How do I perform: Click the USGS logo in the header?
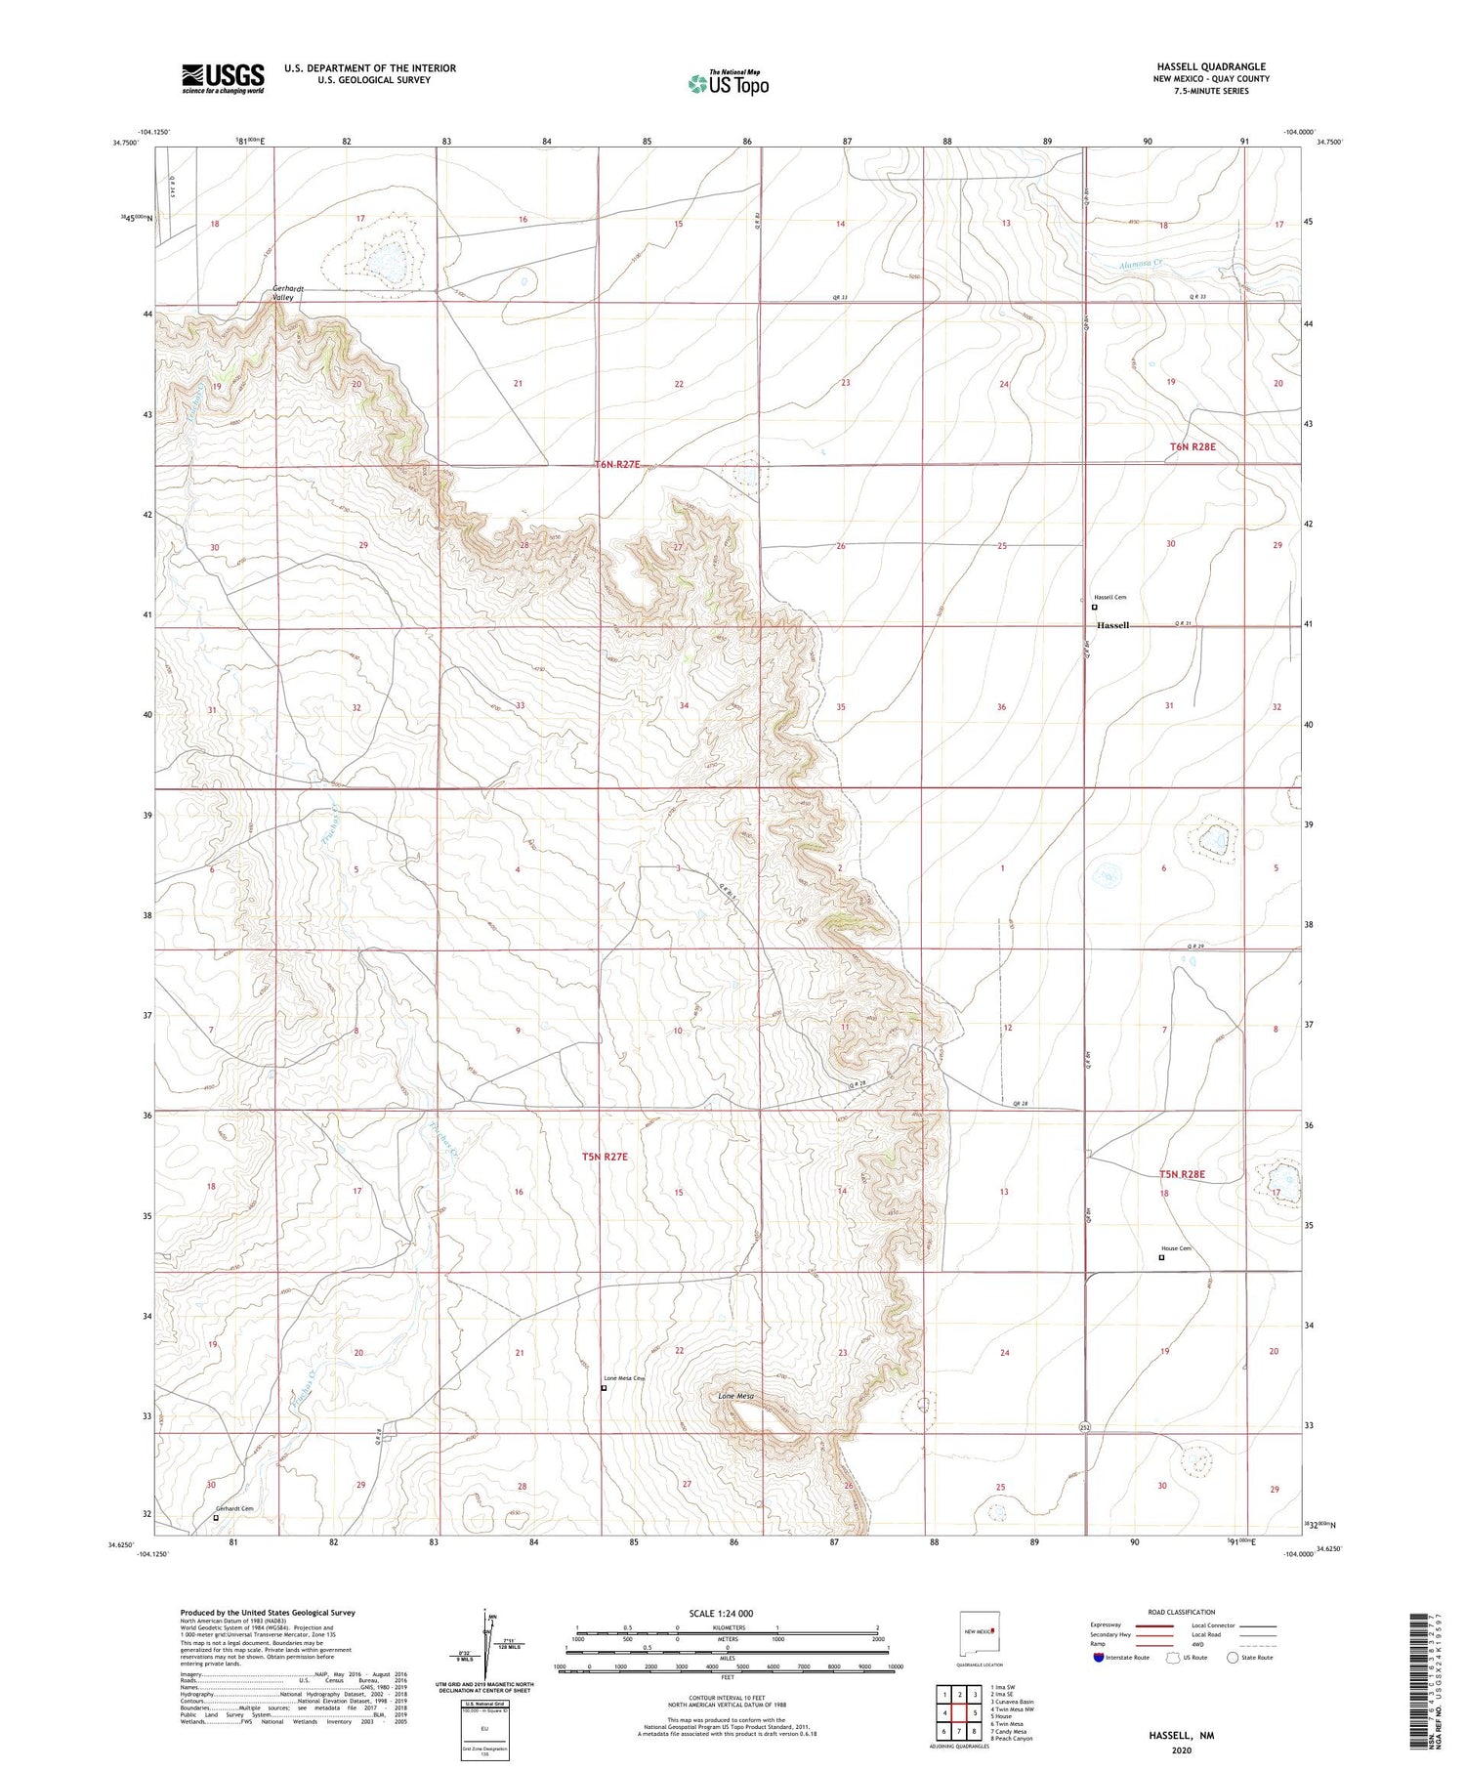pyautogui.click(x=223, y=78)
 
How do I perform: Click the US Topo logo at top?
pyautogui.click(x=729, y=83)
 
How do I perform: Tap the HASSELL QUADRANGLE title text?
pyautogui.click(x=1211, y=66)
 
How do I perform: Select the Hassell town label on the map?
pyautogui.click(x=1112, y=625)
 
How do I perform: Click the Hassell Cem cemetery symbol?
pyautogui.click(x=1094, y=607)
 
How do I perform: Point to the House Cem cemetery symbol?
pyautogui.click(x=1161, y=1258)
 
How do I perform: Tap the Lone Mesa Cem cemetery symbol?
pyautogui.click(x=604, y=1387)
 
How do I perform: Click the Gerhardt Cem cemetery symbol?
pyautogui.click(x=216, y=1518)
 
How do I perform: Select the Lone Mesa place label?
pyautogui.click(x=736, y=1397)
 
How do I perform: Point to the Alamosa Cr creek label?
pyautogui.click(x=1142, y=263)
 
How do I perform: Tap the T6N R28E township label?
pyautogui.click(x=1193, y=446)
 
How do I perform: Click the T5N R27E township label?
pyautogui.click(x=605, y=1157)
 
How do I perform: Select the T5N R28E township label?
pyautogui.click(x=1182, y=1174)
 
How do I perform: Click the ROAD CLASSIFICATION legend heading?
pyautogui.click(x=1182, y=1612)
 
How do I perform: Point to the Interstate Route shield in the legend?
pyautogui.click(x=1100, y=1658)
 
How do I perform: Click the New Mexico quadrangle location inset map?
pyautogui.click(x=981, y=1630)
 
